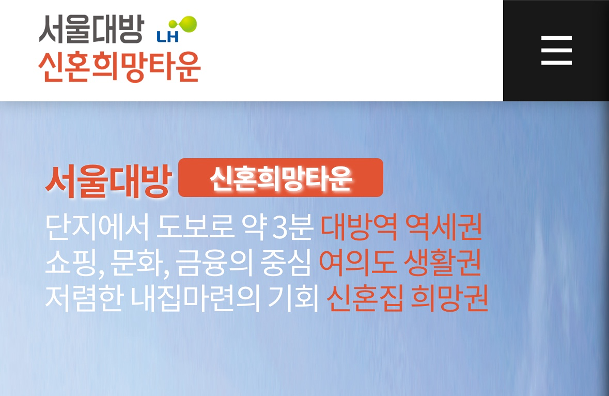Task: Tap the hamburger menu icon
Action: point(556,51)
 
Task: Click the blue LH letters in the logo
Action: point(167,37)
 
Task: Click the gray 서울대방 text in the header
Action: point(91,29)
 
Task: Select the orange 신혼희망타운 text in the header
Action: point(119,67)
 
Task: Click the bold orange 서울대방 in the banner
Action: point(108,181)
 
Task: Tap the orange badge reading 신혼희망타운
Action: point(280,178)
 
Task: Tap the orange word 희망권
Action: point(449,298)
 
